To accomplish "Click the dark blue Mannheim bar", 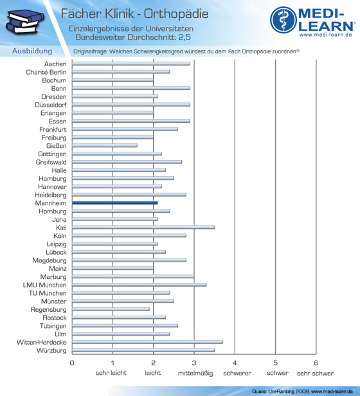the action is (114, 203).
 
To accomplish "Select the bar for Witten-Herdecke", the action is (147, 342).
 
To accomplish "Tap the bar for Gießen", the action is (105, 145).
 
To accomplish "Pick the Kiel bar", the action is (143, 228).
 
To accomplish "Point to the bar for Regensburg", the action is (111, 309).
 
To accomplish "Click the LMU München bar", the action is (139, 285).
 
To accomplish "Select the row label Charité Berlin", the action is (46, 72).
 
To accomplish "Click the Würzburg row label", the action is (51, 350).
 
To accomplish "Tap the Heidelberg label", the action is (51, 195).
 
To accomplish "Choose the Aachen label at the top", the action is (55, 64).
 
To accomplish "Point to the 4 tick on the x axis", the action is (235, 363).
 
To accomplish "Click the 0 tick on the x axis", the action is (72, 363).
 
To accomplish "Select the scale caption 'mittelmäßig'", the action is (195, 373).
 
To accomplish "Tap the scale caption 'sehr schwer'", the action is (315, 373).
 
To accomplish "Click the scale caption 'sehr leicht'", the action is (111, 373).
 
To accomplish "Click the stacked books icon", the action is (24, 21).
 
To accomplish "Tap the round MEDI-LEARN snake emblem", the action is (283, 20).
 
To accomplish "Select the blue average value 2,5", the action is (184, 37).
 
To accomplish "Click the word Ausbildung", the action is (32, 51).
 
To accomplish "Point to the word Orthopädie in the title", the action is (176, 14).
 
